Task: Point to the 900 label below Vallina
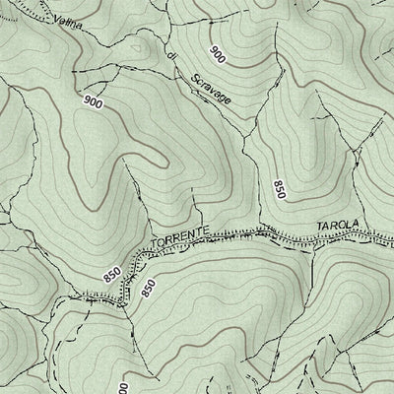pyautogui.click(x=94, y=101)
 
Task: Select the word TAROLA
pyautogui.click(x=335, y=226)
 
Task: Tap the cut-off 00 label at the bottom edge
pyautogui.click(x=125, y=386)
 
